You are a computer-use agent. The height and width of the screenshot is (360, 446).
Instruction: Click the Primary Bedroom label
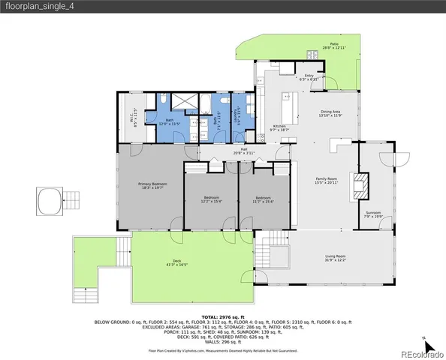[152, 184]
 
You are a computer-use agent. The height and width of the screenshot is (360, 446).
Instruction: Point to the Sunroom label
[373, 214]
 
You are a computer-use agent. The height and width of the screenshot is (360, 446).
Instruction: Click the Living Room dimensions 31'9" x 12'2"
[335, 261]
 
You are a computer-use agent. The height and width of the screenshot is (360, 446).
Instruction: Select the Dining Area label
[330, 112]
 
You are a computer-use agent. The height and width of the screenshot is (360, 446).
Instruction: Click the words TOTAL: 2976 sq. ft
[222, 318]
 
